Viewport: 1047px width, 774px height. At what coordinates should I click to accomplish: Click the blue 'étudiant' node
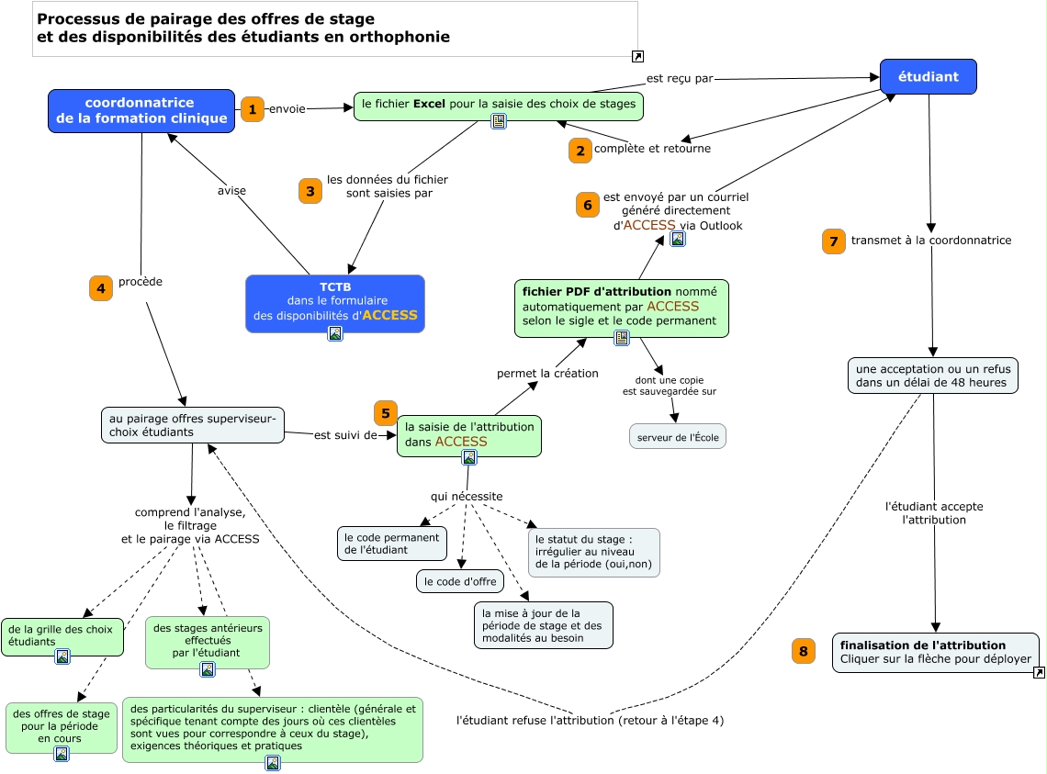[x=928, y=77]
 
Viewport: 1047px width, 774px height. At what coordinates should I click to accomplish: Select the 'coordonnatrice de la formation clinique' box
[x=141, y=110]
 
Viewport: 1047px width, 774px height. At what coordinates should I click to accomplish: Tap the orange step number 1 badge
[x=252, y=108]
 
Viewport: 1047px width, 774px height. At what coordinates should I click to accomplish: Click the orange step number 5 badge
[x=386, y=413]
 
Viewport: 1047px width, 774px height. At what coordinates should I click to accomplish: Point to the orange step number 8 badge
[x=804, y=652]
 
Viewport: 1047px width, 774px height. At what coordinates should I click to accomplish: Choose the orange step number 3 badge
[x=310, y=191]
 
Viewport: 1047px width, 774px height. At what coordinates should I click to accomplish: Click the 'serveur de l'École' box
[x=678, y=437]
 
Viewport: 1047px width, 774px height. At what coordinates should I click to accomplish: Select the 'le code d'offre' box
[x=460, y=580]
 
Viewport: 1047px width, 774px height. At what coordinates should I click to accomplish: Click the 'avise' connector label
[x=231, y=191]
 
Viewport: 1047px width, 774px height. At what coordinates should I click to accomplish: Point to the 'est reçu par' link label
[x=680, y=79]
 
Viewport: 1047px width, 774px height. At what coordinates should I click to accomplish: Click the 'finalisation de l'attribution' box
[x=935, y=652]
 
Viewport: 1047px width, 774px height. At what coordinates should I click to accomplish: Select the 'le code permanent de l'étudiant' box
[x=392, y=543]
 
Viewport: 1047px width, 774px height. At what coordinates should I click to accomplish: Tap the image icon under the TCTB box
[x=335, y=333]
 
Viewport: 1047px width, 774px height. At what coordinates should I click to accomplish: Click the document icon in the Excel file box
[x=499, y=121]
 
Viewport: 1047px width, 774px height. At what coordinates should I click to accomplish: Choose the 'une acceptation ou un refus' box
[x=931, y=376]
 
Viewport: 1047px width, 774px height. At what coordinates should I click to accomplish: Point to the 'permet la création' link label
[x=547, y=374]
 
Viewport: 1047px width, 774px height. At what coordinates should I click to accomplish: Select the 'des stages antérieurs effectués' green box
[x=208, y=640]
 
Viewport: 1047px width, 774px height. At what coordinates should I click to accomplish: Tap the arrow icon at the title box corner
[x=638, y=57]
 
